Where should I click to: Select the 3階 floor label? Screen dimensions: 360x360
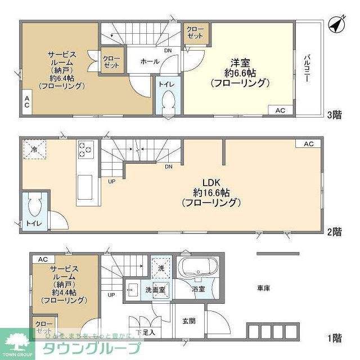pyautogui.click(x=334, y=115)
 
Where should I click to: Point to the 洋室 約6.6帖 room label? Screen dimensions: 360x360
pyautogui.click(x=240, y=73)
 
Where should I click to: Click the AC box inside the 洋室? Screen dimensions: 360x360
pyautogui.click(x=280, y=110)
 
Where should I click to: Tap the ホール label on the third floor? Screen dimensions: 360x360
pyautogui.click(x=149, y=61)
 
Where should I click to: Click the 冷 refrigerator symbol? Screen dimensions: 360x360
pyautogui.click(x=34, y=150)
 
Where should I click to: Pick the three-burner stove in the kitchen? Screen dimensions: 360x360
pyautogui.click(x=85, y=150)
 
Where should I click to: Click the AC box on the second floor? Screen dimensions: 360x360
pyautogui.click(x=309, y=144)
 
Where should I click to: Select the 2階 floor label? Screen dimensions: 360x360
pyautogui.click(x=334, y=231)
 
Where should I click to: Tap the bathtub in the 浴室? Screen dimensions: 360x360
pyautogui.click(x=198, y=268)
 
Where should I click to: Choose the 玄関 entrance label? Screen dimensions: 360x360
pyautogui.click(x=188, y=321)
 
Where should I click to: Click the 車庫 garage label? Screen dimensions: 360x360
pyautogui.click(x=264, y=289)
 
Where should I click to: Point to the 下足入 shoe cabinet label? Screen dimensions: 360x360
pyautogui.click(x=145, y=332)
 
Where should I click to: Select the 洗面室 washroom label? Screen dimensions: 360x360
pyautogui.click(x=155, y=290)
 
